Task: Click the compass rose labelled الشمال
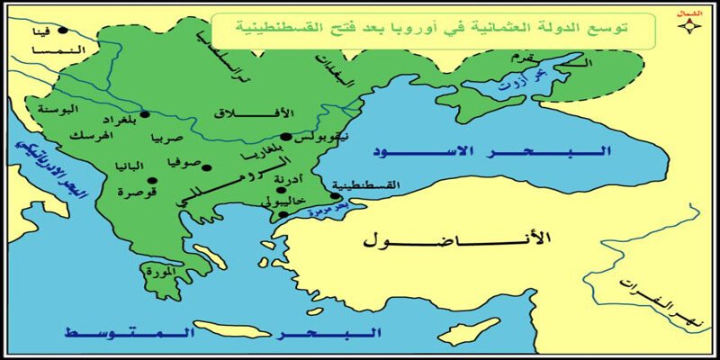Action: tap(690, 26)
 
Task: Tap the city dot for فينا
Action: tap(62, 31)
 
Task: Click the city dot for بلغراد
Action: tap(145, 115)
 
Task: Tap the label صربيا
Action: tap(170, 140)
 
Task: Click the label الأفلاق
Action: tap(243, 114)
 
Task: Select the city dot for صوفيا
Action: tap(206, 167)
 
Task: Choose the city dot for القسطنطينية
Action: tap(336, 196)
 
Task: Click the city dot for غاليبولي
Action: tap(283, 215)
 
